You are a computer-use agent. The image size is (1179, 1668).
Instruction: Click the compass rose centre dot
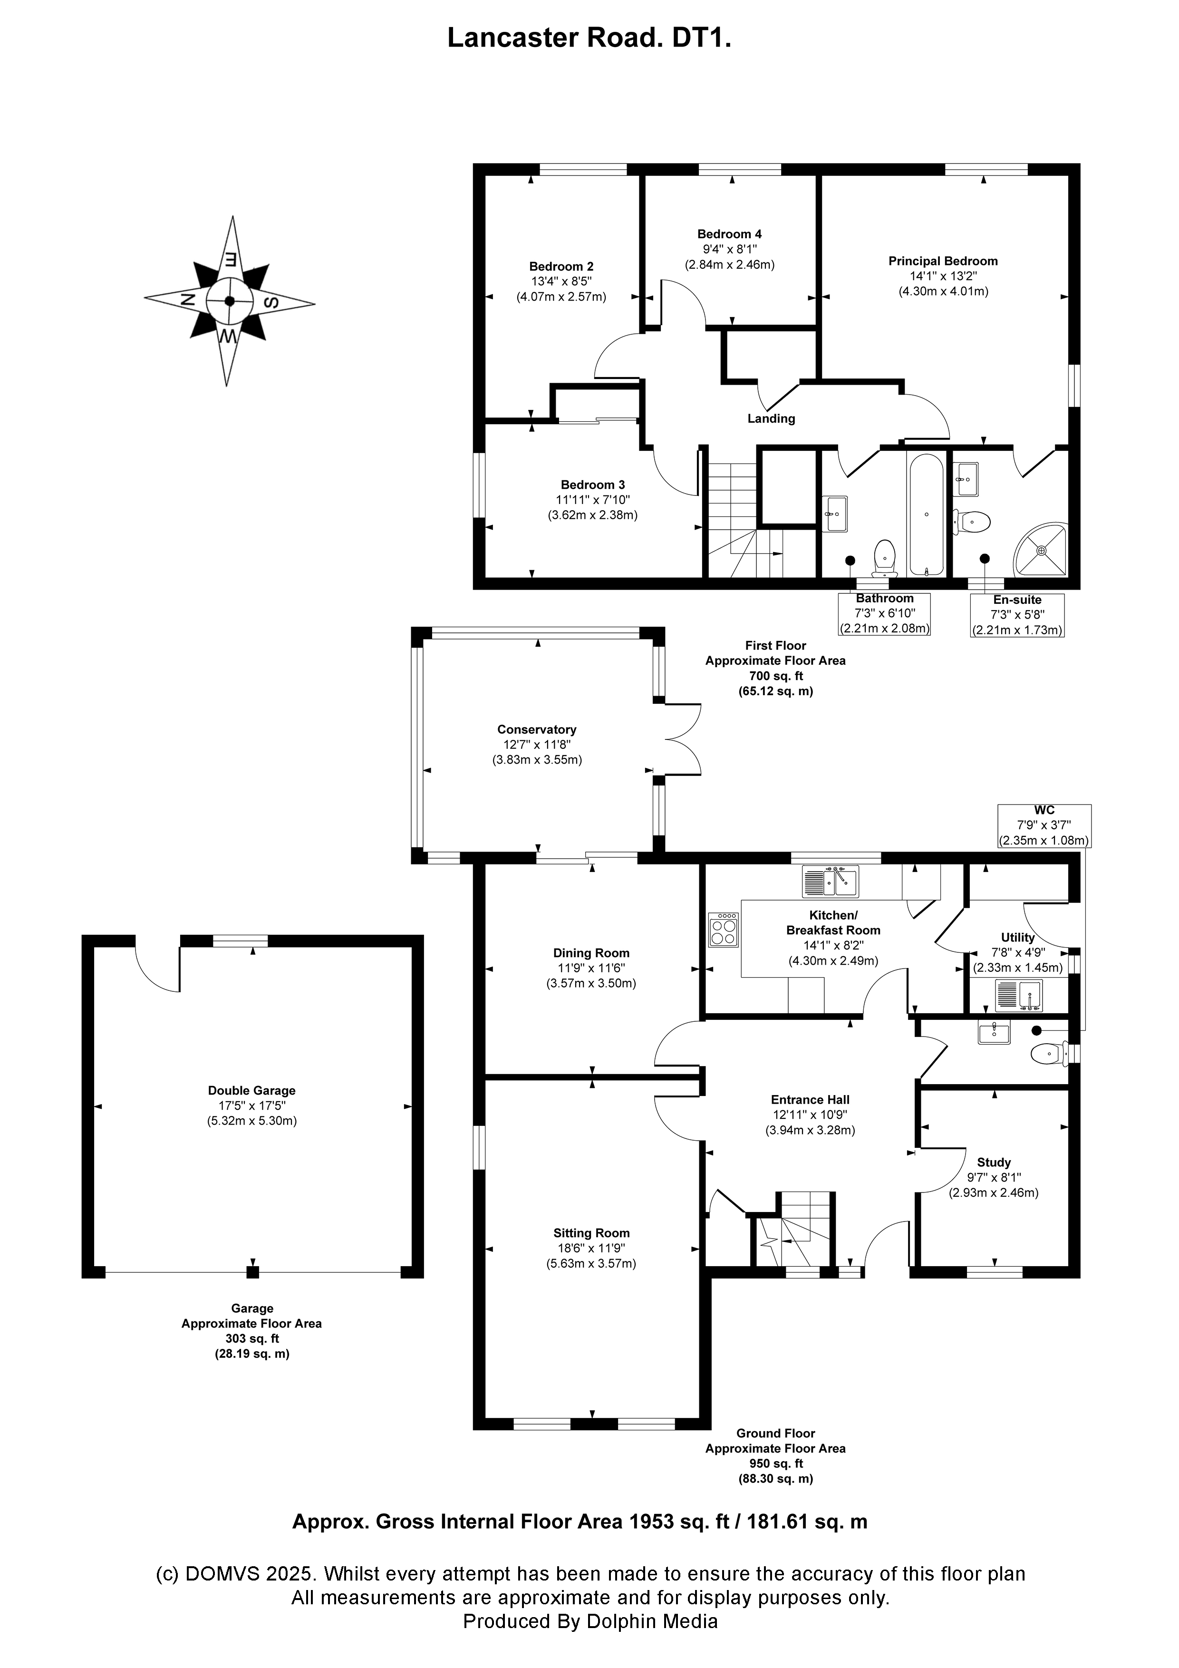click(230, 301)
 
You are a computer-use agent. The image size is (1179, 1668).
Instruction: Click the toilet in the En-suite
click(972, 521)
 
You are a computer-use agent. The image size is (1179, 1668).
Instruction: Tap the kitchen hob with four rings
click(724, 929)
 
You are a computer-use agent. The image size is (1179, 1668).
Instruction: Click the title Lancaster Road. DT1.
click(589, 38)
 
